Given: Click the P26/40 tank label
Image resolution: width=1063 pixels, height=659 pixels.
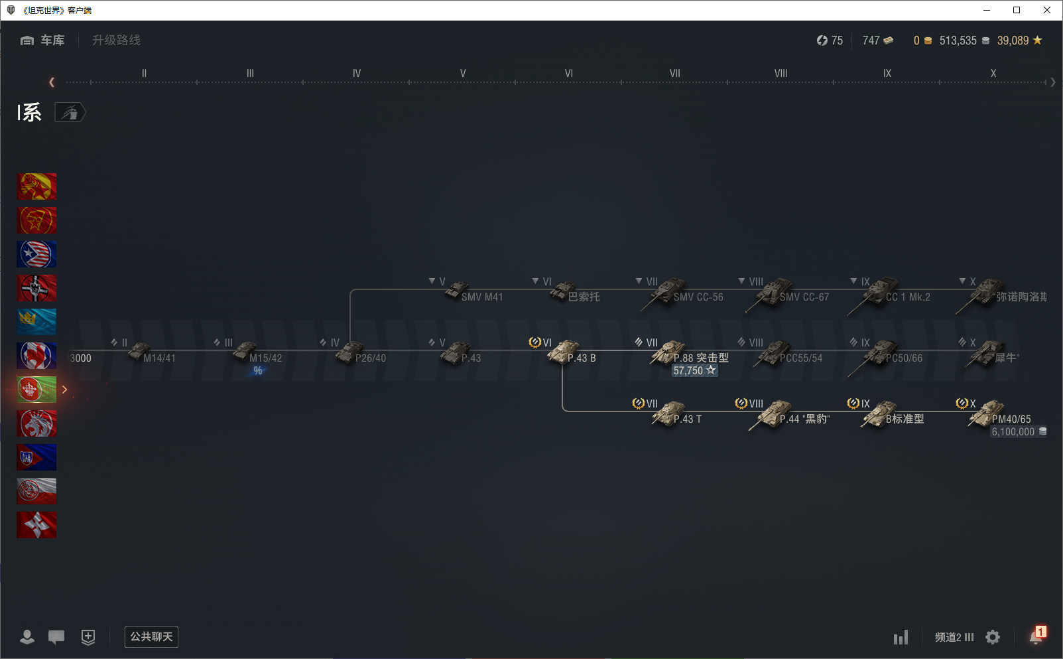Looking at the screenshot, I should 370,358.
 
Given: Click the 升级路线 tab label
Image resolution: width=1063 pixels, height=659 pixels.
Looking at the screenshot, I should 116,40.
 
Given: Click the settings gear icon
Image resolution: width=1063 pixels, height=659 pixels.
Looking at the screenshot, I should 993,637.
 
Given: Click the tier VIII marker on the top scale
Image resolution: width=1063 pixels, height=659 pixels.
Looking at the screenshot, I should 781,74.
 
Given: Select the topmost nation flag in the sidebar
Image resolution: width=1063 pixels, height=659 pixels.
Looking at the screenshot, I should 36,186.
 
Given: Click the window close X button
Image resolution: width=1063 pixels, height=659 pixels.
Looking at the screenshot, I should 1047,10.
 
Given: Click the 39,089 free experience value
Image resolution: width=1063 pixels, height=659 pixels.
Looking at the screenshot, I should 1013,40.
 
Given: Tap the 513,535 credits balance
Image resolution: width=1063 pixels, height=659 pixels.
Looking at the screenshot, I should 958,40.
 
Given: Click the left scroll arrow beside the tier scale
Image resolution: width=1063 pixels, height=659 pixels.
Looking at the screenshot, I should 52,82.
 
